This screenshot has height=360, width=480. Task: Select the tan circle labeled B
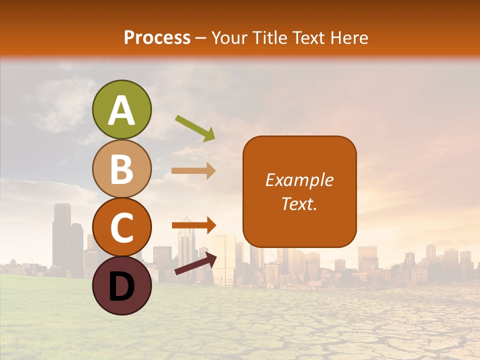(121, 169)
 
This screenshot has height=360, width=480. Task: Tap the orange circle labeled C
(121, 227)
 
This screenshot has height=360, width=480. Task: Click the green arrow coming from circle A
(195, 127)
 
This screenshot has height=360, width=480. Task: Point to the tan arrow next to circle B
(193, 170)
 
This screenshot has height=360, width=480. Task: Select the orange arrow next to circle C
(194, 225)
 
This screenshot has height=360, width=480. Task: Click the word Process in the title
(157, 37)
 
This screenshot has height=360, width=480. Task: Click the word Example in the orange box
(299, 180)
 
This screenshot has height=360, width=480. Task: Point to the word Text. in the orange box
(299, 203)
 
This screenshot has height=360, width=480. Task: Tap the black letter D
(121, 287)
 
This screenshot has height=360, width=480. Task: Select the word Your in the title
(229, 37)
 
